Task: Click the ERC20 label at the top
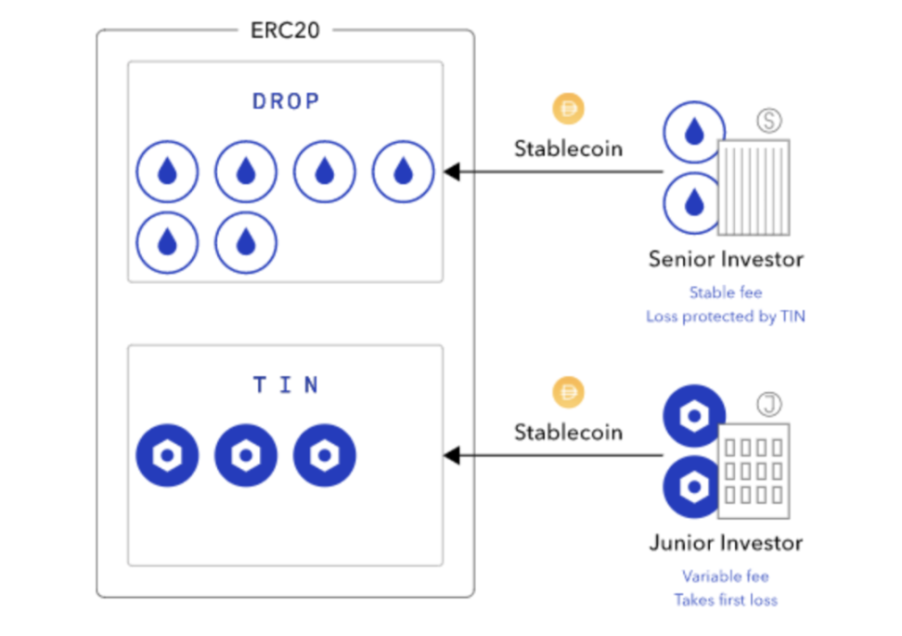[286, 30]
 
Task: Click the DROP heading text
[286, 102]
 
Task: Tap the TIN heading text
[286, 385]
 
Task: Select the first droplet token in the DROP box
[167, 172]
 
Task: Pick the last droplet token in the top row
[403, 172]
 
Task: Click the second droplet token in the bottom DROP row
[246, 243]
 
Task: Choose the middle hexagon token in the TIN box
[246, 456]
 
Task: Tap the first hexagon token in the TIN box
[167, 456]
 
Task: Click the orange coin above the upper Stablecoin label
[568, 110]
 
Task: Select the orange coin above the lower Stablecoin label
[568, 393]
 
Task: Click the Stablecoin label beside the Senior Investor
[568, 149]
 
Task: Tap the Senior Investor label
[726, 259]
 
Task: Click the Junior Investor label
[726, 542]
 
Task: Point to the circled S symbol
[769, 121]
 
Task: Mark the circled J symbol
[769, 405]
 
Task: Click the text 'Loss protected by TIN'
[726, 317]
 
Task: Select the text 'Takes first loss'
[726, 600]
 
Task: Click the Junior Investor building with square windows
[754, 470]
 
